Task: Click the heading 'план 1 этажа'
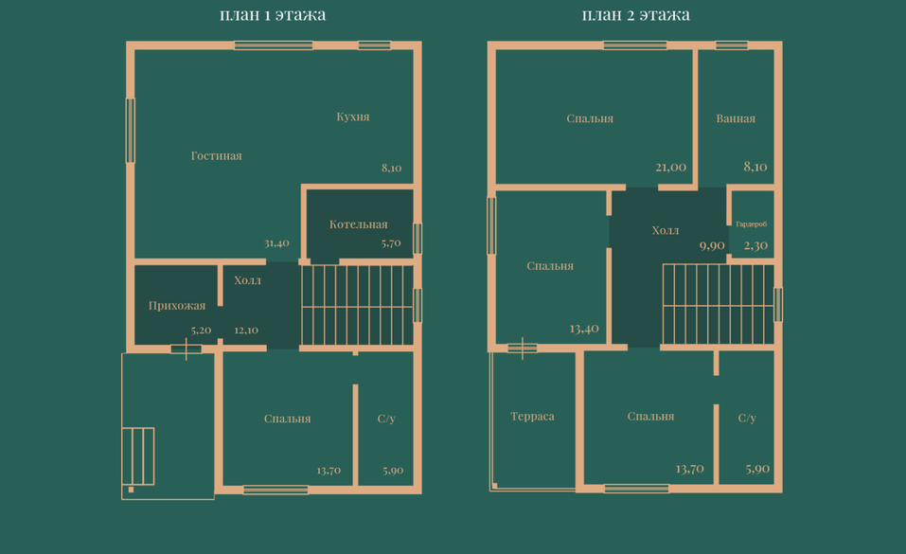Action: (x=273, y=14)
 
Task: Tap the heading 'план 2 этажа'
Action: (x=635, y=14)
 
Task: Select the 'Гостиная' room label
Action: (x=217, y=155)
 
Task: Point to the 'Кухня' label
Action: (x=353, y=116)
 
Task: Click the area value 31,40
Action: (x=276, y=242)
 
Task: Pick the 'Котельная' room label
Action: (x=358, y=224)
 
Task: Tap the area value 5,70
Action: (x=391, y=242)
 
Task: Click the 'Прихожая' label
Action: (x=177, y=306)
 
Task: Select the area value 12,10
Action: (x=246, y=331)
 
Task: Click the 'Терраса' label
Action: (x=532, y=417)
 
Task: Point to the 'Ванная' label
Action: (x=736, y=118)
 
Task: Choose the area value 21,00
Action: (x=671, y=167)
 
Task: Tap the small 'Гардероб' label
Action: (x=751, y=223)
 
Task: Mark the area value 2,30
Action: (x=755, y=246)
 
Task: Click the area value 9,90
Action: (x=712, y=246)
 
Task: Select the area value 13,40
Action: (x=584, y=329)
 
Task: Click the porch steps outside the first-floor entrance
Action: (x=138, y=456)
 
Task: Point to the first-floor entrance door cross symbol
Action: (x=187, y=348)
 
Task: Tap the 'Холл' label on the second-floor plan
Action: (x=666, y=230)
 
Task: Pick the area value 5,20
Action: (x=201, y=331)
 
